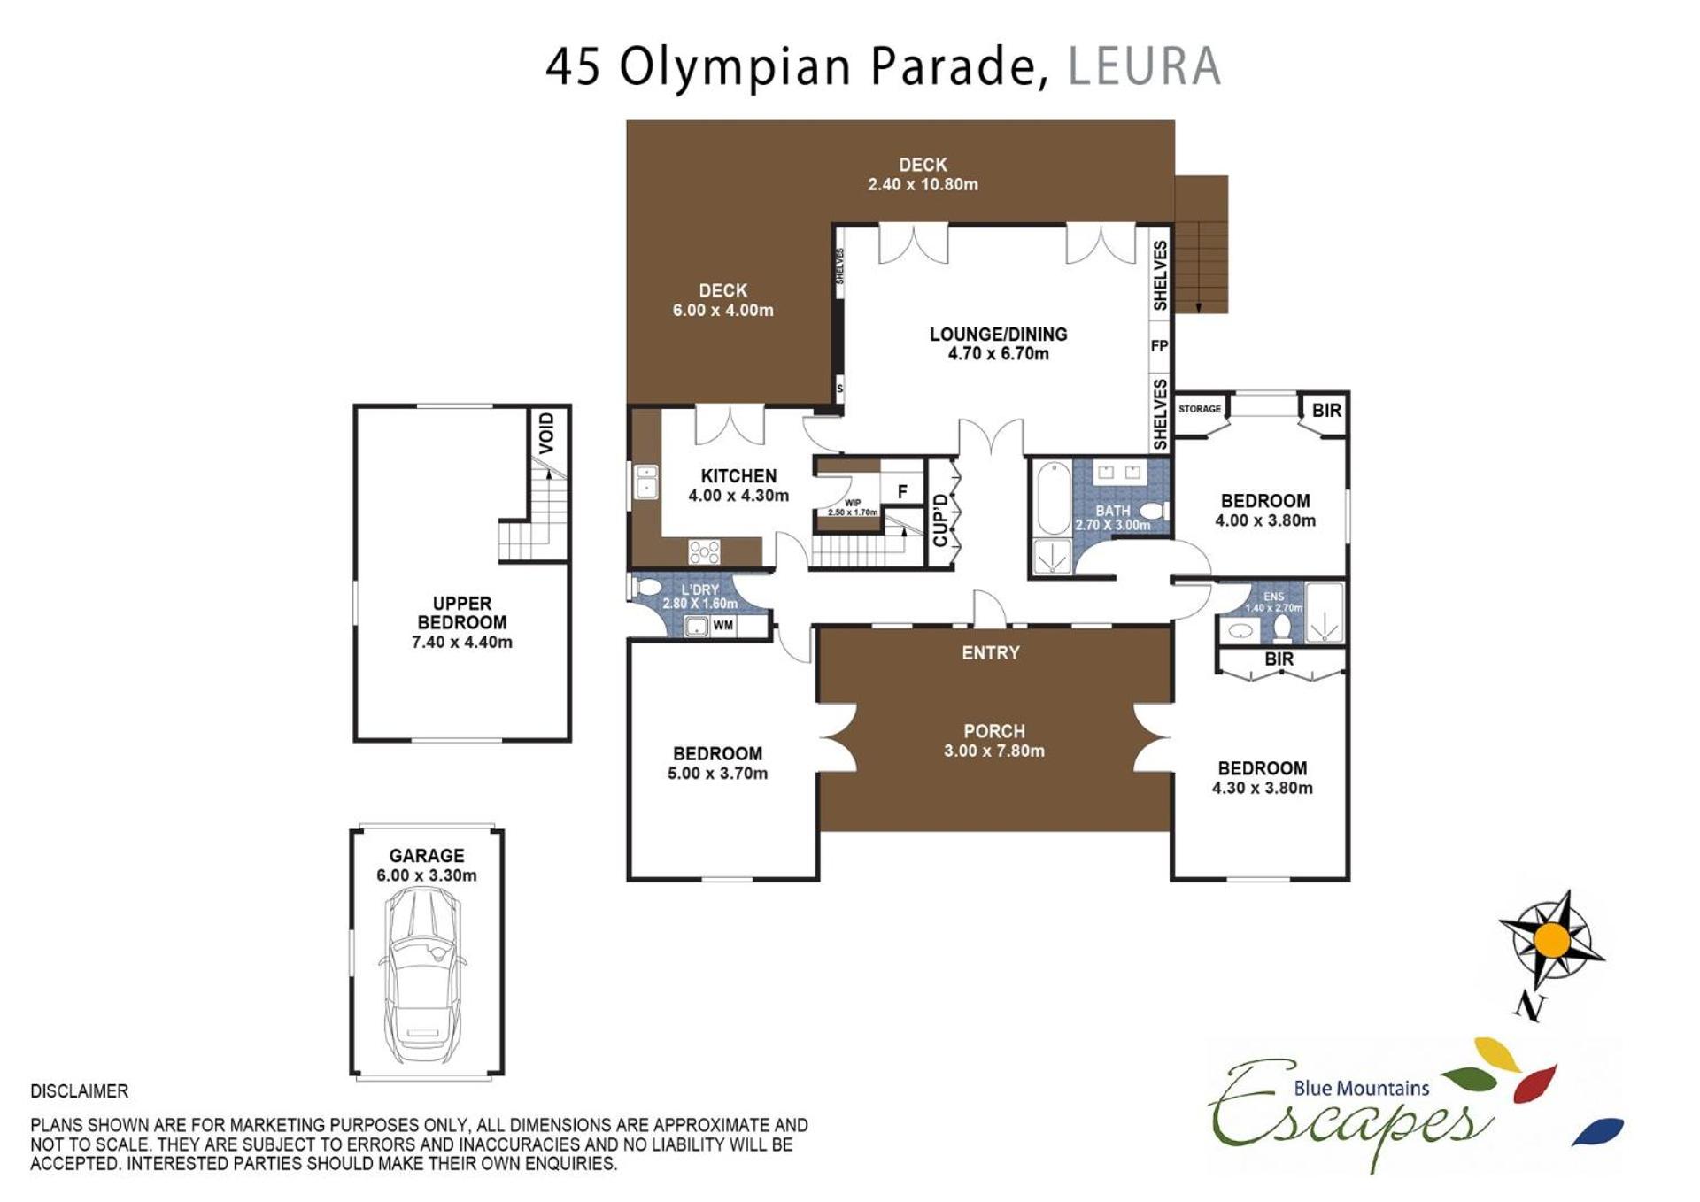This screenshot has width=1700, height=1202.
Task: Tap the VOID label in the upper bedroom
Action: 547,433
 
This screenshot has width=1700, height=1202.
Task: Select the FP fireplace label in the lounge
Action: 1159,346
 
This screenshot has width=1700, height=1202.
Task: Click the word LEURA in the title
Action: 1144,66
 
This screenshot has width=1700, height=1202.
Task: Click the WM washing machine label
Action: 722,626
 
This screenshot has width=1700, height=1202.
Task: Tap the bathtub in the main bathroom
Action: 1054,497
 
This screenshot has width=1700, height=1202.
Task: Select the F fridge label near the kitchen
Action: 902,492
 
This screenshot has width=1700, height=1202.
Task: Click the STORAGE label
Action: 1200,409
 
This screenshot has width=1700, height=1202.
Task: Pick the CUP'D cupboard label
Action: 940,520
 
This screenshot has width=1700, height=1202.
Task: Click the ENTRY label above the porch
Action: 991,653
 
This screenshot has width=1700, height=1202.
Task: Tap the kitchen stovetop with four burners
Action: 704,552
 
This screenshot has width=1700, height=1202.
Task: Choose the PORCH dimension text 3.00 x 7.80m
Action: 994,751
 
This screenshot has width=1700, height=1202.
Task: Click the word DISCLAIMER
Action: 80,1091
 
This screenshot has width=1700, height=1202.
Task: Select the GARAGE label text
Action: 427,856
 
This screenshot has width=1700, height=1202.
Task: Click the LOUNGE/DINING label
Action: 999,335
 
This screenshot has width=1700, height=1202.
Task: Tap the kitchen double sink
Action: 646,482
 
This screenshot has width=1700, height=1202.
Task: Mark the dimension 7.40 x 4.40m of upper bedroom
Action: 462,643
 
